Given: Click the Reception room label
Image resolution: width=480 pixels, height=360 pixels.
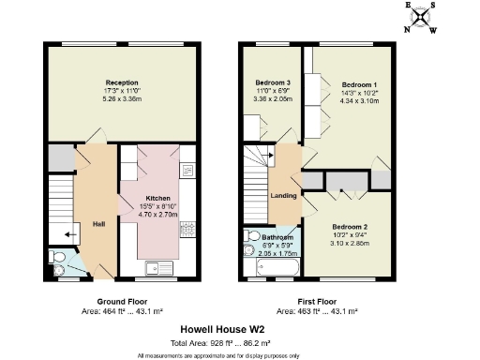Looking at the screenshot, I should tap(122, 82).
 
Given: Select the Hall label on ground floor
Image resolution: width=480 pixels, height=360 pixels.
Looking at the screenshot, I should tap(98, 223).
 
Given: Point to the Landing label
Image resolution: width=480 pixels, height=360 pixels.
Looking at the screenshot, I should tap(283, 196).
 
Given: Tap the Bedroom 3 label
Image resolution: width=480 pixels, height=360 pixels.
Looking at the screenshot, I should tap(274, 83).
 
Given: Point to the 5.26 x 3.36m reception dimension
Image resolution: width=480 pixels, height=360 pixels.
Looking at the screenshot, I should tap(122, 96).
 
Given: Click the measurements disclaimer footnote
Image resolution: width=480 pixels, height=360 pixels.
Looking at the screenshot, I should tap(217, 354).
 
